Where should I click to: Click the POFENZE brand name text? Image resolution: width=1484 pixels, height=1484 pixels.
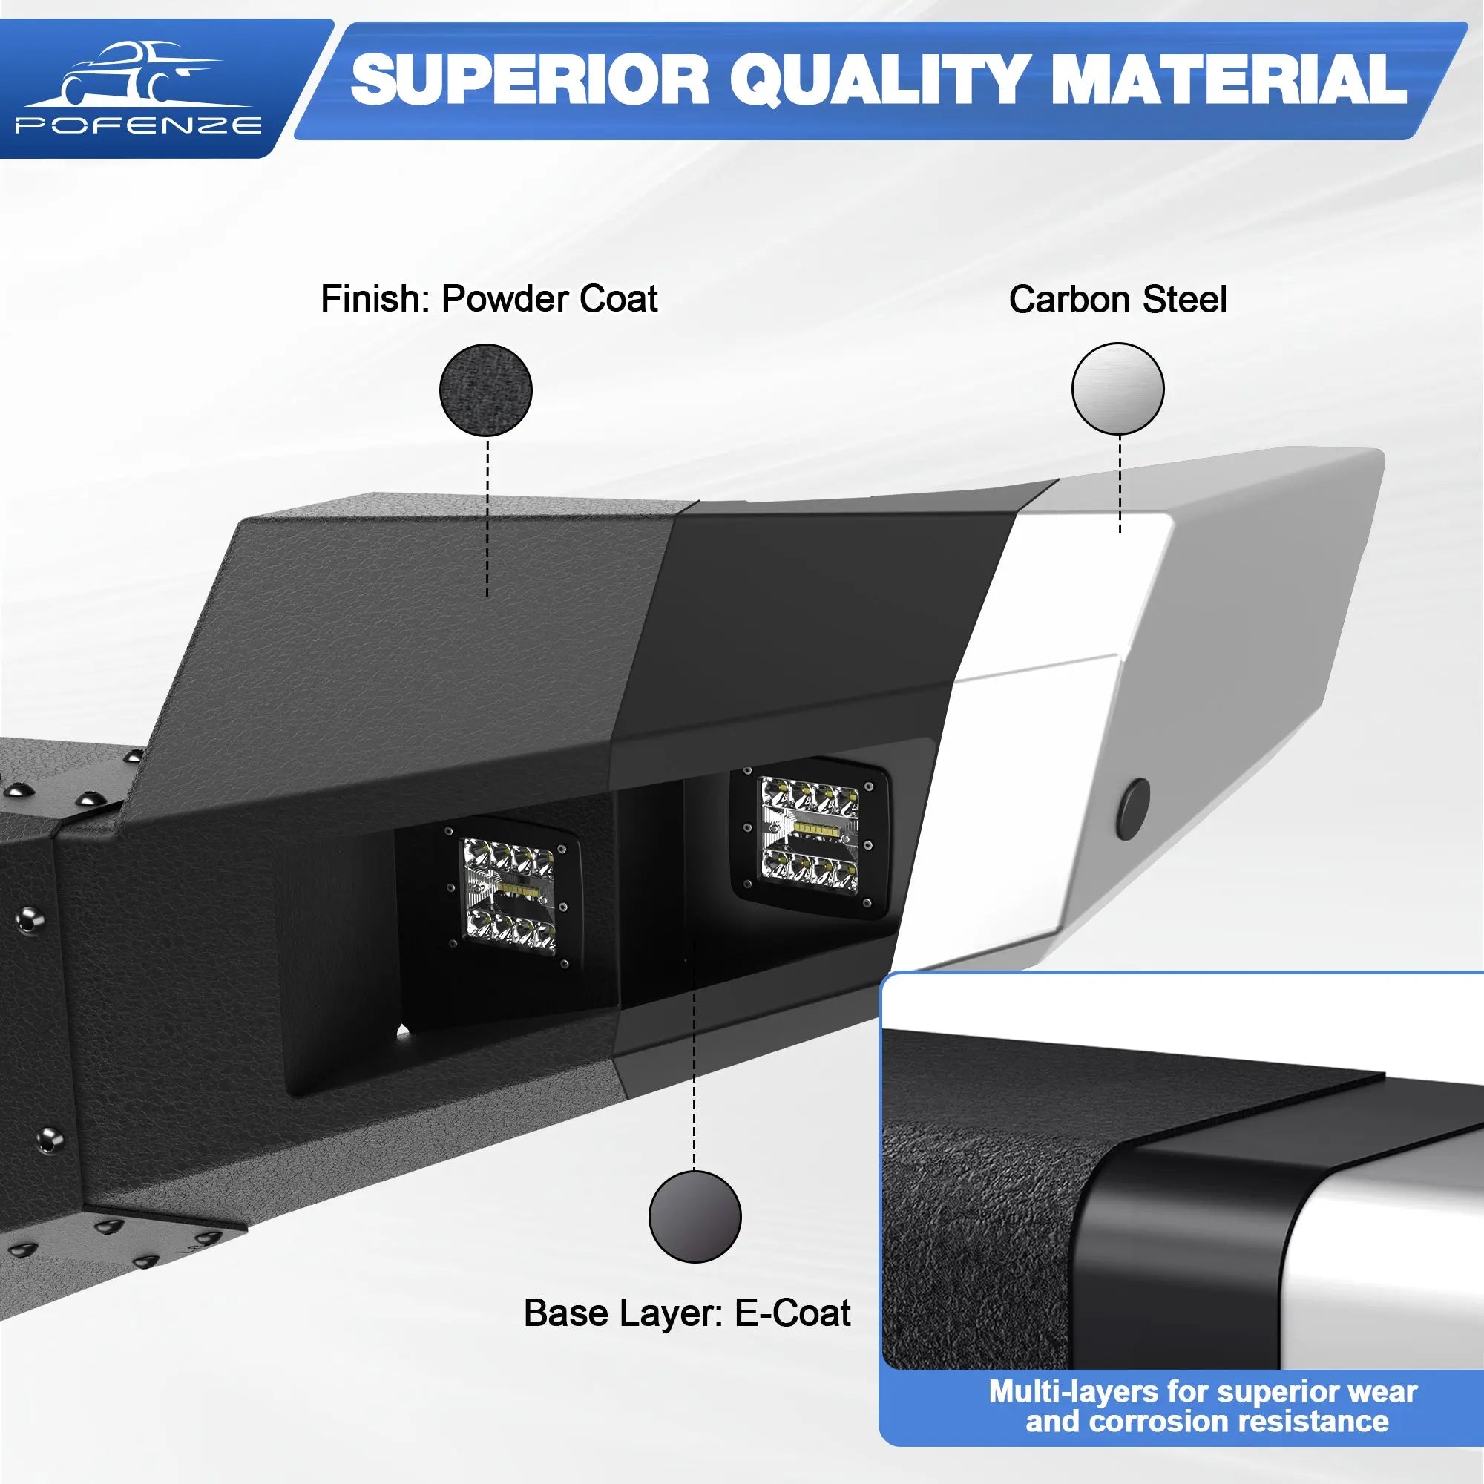tap(139, 126)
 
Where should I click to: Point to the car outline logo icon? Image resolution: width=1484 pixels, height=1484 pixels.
tap(138, 73)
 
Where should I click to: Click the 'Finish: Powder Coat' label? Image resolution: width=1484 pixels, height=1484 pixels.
tap(488, 299)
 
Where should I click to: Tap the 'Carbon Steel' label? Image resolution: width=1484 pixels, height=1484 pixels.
tap(1117, 300)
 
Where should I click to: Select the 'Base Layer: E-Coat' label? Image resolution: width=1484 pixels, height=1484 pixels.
tap(686, 1313)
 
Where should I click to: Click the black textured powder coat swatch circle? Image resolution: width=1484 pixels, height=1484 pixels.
tap(485, 390)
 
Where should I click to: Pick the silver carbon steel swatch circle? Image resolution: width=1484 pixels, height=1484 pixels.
tap(1117, 389)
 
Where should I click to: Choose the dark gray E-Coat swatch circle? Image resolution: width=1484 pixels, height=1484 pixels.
tap(695, 1217)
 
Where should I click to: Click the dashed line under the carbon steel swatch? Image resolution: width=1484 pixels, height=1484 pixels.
tap(1120, 484)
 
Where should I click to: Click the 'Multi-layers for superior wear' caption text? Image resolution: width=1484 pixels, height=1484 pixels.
tap(1203, 1391)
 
